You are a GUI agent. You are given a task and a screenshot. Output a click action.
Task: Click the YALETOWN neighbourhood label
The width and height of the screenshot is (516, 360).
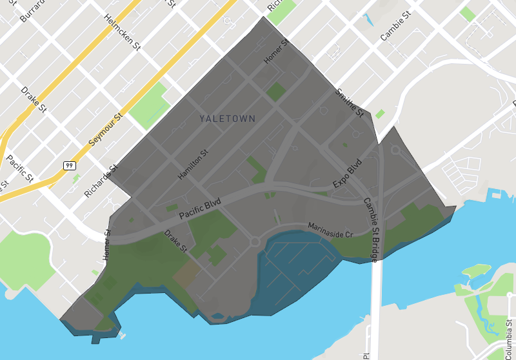(x=227, y=119)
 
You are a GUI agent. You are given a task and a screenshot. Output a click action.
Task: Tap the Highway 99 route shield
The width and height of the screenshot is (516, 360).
(x=69, y=166)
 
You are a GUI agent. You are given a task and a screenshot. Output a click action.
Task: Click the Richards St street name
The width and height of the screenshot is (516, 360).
(x=101, y=181)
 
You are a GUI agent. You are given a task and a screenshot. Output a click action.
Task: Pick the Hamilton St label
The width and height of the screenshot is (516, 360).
(x=193, y=165)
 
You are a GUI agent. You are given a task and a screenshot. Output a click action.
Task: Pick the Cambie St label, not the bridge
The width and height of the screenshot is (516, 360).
(x=395, y=25)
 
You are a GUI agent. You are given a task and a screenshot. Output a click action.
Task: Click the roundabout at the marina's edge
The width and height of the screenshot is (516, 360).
(x=255, y=243)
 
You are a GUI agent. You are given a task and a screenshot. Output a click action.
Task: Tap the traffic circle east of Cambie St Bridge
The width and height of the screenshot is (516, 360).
(x=395, y=150)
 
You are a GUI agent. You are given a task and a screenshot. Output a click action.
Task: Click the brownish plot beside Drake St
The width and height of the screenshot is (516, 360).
(x=186, y=274)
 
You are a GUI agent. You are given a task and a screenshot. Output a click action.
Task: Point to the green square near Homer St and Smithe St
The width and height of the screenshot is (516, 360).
(x=276, y=91)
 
